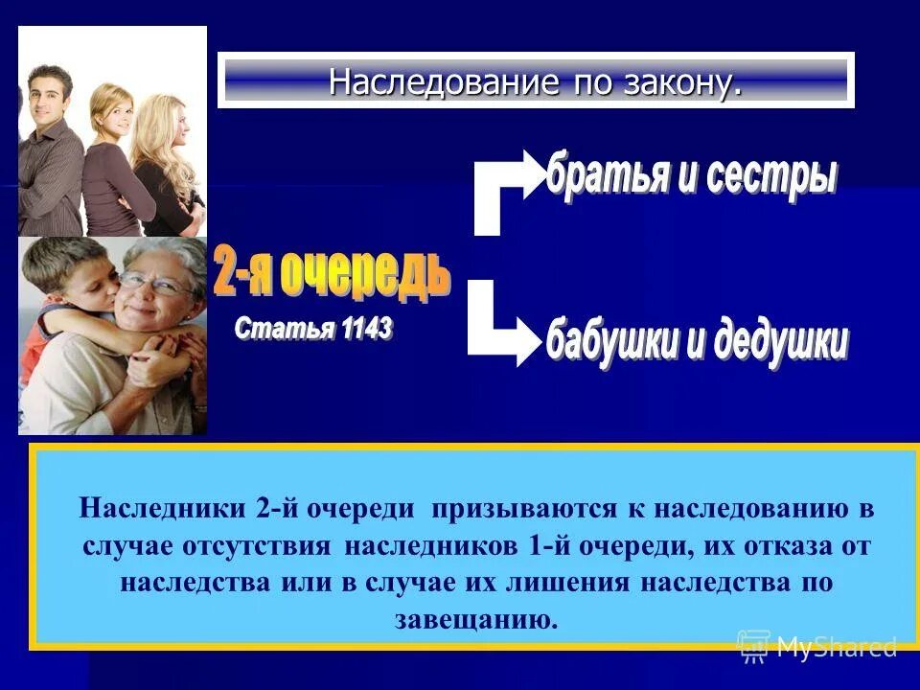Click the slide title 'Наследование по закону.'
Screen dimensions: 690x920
coord(535,80)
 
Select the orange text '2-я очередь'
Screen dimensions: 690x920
coord(332,274)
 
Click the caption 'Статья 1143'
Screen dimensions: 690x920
coord(313,330)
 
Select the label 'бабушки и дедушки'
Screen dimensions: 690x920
coord(697,340)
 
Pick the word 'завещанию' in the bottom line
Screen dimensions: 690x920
coord(475,619)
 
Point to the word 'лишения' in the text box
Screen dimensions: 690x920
coord(686,582)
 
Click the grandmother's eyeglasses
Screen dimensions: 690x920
coord(155,285)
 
